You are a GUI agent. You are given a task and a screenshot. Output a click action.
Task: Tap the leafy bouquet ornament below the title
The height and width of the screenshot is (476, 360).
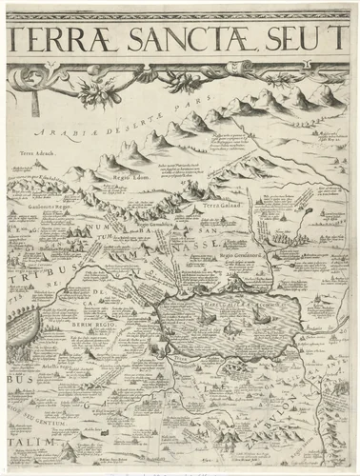(95, 93)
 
